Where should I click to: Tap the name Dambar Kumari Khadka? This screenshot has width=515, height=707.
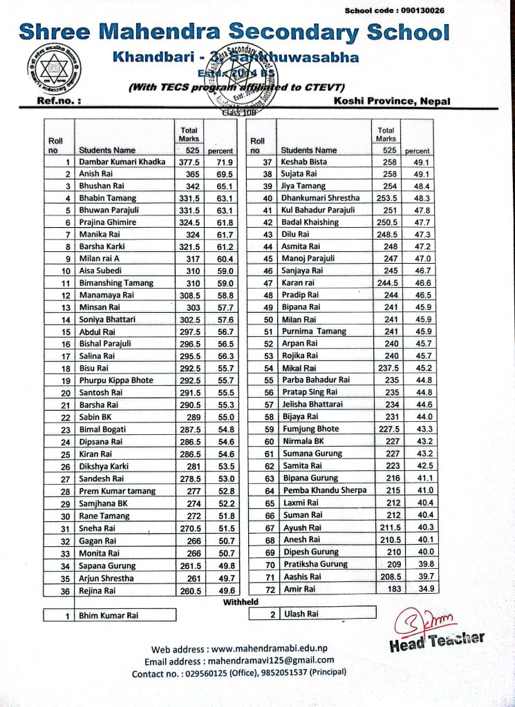tap(122, 162)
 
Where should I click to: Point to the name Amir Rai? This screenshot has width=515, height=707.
tap(299, 588)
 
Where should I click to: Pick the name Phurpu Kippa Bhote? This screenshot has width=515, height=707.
tap(116, 380)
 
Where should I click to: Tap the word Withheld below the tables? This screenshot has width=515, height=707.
tap(241, 602)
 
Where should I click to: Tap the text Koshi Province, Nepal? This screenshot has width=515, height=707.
tap(391, 101)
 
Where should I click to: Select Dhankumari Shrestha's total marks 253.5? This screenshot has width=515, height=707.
tap(388, 198)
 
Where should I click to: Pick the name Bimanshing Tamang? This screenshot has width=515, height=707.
tap(118, 282)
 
